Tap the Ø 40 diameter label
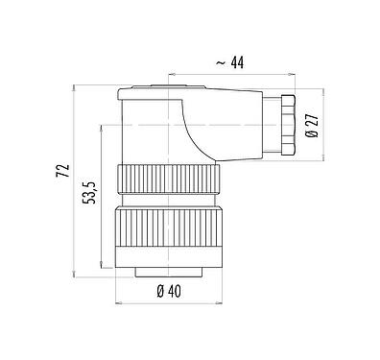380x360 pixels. click(x=169, y=292)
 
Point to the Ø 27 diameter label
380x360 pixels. click(x=312, y=125)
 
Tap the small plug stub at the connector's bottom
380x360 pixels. click(x=169, y=272)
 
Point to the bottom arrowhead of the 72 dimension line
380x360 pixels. click(x=74, y=275)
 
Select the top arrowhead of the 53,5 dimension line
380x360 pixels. click(x=101, y=125)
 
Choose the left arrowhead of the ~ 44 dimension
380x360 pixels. click(x=170, y=72)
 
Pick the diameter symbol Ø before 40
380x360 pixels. click(x=159, y=292)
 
